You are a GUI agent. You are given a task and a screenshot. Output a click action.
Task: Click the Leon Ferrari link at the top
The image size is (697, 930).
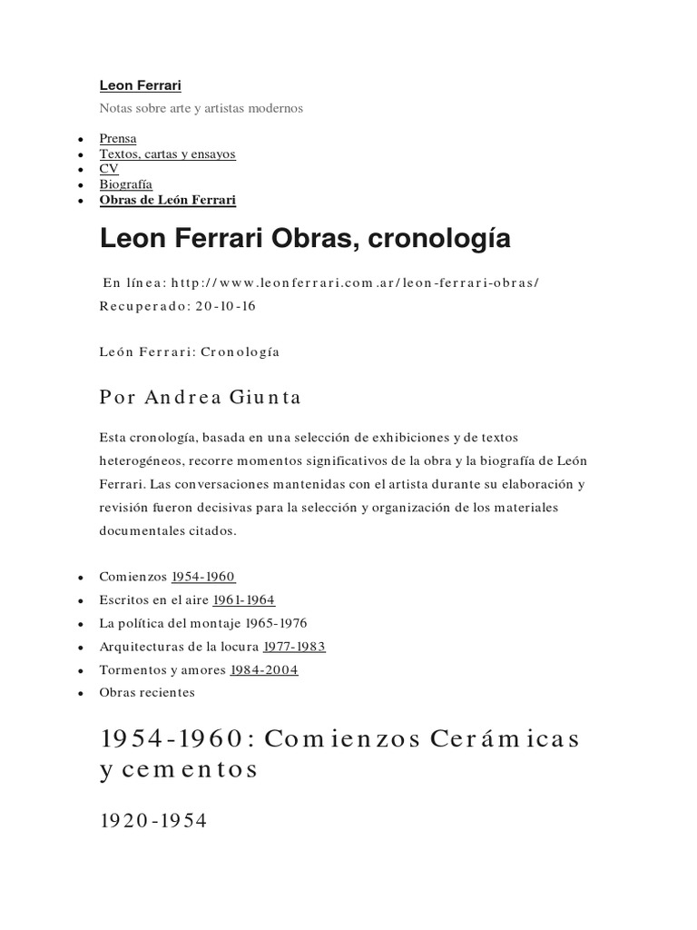[140, 85]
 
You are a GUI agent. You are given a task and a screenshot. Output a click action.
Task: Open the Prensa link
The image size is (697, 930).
[118, 139]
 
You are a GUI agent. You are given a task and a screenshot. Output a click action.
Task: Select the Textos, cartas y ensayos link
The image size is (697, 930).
[167, 154]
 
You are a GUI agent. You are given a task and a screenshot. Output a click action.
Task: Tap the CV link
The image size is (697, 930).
[109, 169]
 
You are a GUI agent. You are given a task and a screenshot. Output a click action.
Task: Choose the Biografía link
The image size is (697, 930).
[125, 184]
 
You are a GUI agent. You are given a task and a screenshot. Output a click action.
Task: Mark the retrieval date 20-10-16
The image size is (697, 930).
[225, 305]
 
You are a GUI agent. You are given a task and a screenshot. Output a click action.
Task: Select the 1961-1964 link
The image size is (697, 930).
[243, 599]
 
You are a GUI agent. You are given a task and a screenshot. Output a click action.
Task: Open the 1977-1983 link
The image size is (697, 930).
[294, 647]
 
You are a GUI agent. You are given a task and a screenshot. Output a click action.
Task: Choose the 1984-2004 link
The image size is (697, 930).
[264, 670]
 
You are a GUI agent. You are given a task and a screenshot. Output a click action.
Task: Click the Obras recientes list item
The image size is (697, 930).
[147, 693]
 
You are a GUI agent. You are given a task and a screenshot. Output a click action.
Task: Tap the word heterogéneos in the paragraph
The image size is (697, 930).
[143, 461]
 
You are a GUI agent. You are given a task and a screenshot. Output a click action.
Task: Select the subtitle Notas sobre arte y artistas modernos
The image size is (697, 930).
[201, 108]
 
